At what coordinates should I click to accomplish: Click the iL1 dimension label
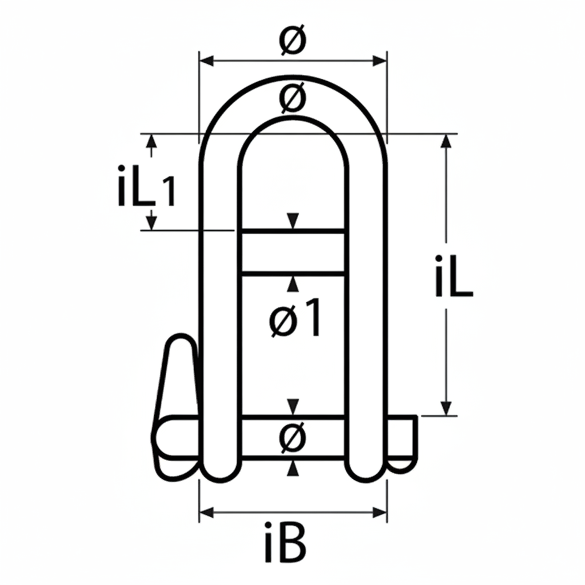(x=146, y=186)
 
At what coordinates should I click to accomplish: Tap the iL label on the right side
(x=453, y=277)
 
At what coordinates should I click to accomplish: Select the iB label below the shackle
(x=286, y=540)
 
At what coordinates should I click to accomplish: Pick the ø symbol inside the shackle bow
(x=292, y=98)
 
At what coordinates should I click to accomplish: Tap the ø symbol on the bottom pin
(x=293, y=438)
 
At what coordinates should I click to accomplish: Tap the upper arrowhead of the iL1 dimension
(x=151, y=140)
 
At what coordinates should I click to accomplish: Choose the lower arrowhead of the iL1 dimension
(x=151, y=224)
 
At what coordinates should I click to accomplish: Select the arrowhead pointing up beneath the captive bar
(x=293, y=283)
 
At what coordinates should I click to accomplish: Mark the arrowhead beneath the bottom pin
(x=293, y=468)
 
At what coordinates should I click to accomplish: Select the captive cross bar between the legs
(x=293, y=253)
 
